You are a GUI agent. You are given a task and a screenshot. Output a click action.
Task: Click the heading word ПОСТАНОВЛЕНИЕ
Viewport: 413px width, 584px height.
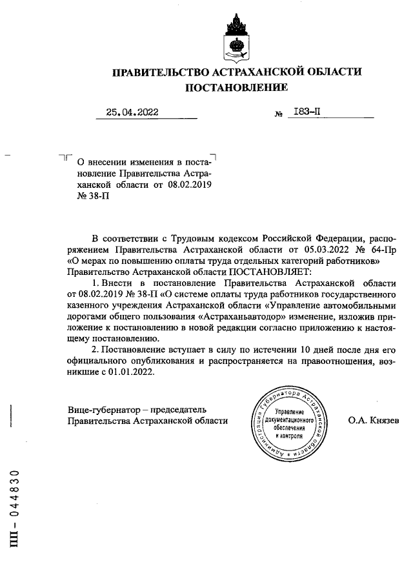(237, 87)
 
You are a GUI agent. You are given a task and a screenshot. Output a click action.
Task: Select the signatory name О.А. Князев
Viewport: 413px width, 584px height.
(373, 421)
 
